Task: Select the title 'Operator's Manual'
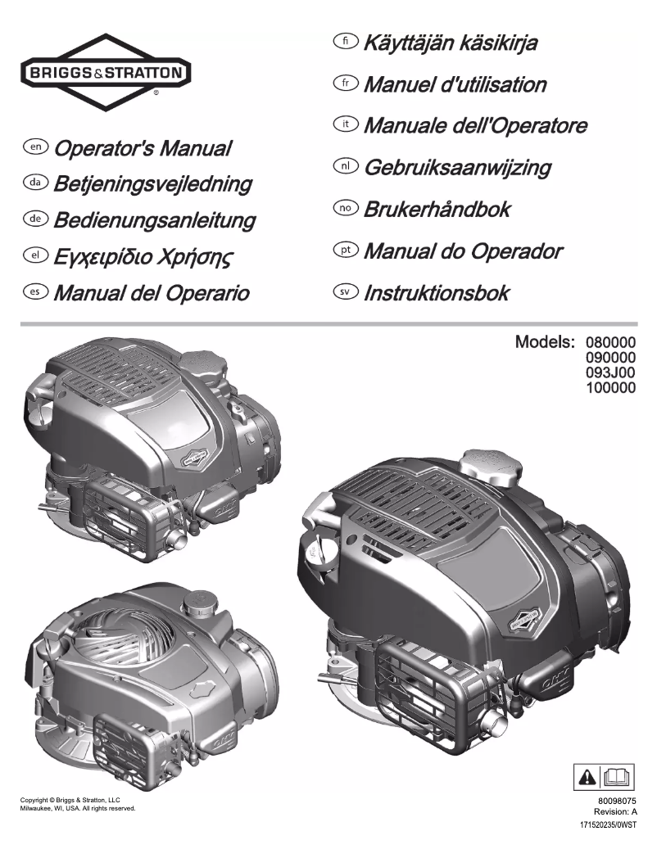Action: pos(141,149)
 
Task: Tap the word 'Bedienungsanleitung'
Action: pos(154,220)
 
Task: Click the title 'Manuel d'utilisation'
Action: pos(455,84)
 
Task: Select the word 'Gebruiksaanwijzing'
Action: pos(457,168)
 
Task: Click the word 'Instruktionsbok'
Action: pos(437,292)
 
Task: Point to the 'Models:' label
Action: pos(545,341)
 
